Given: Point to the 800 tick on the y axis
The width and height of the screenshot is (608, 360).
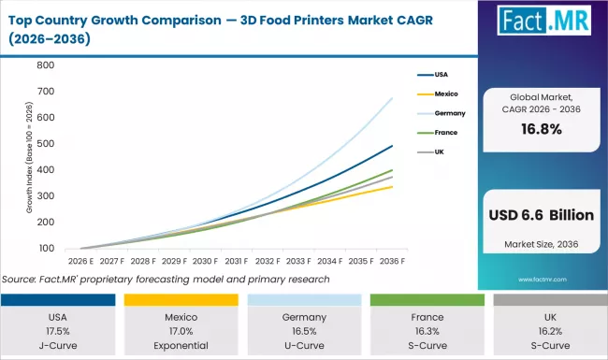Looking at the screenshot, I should pos(44,65).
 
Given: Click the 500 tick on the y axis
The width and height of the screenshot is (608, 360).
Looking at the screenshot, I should pos(44,157).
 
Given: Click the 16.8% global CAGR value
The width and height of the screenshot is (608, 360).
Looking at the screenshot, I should pos(543,130).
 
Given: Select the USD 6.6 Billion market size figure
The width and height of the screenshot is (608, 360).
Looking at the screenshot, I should pos(543,215).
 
